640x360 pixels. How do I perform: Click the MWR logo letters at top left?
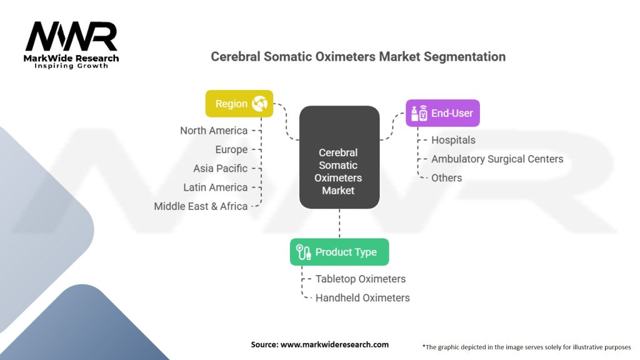click(x=71, y=37)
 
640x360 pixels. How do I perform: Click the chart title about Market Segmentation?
click(x=358, y=56)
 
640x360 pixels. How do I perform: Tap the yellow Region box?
click(x=239, y=104)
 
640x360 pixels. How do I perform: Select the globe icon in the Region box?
click(x=259, y=104)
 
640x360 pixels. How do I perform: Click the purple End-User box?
click(x=443, y=113)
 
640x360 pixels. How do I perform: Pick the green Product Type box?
click(x=339, y=252)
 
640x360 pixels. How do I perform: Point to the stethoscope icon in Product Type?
click(x=304, y=252)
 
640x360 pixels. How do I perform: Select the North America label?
click(x=214, y=131)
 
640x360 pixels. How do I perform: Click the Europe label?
click(x=231, y=150)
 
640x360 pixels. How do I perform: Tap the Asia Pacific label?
click(x=220, y=169)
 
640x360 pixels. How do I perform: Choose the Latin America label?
click(x=216, y=187)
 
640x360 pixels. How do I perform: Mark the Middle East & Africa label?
click(x=201, y=206)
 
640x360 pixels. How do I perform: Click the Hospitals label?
click(x=453, y=140)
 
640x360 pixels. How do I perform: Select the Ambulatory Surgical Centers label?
click(x=497, y=159)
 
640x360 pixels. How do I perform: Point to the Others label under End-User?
click(x=446, y=178)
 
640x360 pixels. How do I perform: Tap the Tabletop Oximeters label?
click(x=361, y=279)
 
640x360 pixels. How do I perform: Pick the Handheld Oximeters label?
click(x=362, y=297)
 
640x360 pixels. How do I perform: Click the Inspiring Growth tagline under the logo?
click(x=71, y=66)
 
